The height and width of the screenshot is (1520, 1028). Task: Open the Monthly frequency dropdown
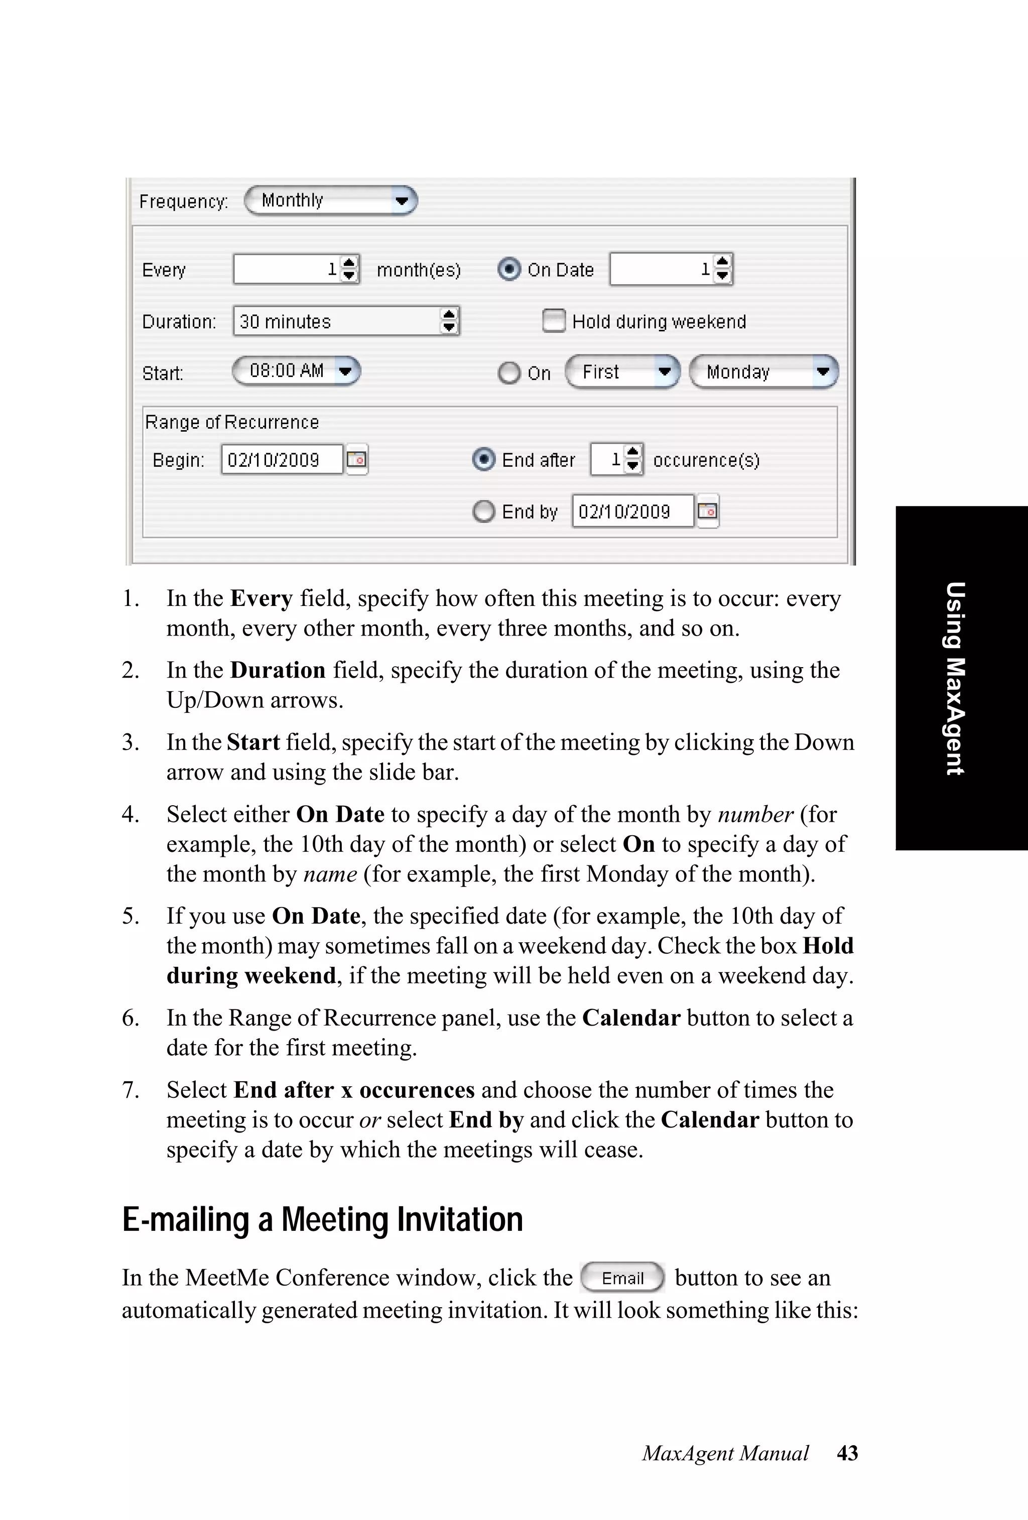click(x=330, y=201)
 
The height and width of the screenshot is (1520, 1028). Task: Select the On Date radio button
click(x=509, y=269)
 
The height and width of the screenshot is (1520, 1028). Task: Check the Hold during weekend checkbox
click(x=553, y=321)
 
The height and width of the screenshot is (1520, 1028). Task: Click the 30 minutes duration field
click(x=337, y=321)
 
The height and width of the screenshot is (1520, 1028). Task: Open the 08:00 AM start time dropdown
click(x=296, y=371)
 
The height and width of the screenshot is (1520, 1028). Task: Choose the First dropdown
click(x=622, y=372)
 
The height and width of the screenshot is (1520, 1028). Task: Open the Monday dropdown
click(x=763, y=372)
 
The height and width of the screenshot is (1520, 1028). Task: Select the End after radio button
click(x=483, y=460)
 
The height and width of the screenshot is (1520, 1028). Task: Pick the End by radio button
click(x=483, y=512)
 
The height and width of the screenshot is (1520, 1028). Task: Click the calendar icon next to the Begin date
click(x=357, y=459)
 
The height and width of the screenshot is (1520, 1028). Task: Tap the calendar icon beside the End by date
click(x=708, y=511)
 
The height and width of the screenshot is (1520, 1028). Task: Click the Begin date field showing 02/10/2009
click(x=281, y=460)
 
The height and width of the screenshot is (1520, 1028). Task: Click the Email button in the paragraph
click(x=622, y=1278)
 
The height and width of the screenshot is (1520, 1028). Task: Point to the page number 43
click(x=847, y=1453)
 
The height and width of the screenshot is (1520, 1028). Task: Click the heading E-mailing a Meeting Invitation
click(x=322, y=1220)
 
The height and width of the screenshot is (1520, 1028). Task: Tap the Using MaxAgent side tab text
click(x=955, y=678)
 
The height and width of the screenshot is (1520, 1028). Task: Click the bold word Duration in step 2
click(x=278, y=670)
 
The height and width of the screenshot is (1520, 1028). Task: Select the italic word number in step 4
click(x=755, y=815)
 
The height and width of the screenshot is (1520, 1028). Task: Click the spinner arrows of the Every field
click(x=350, y=269)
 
